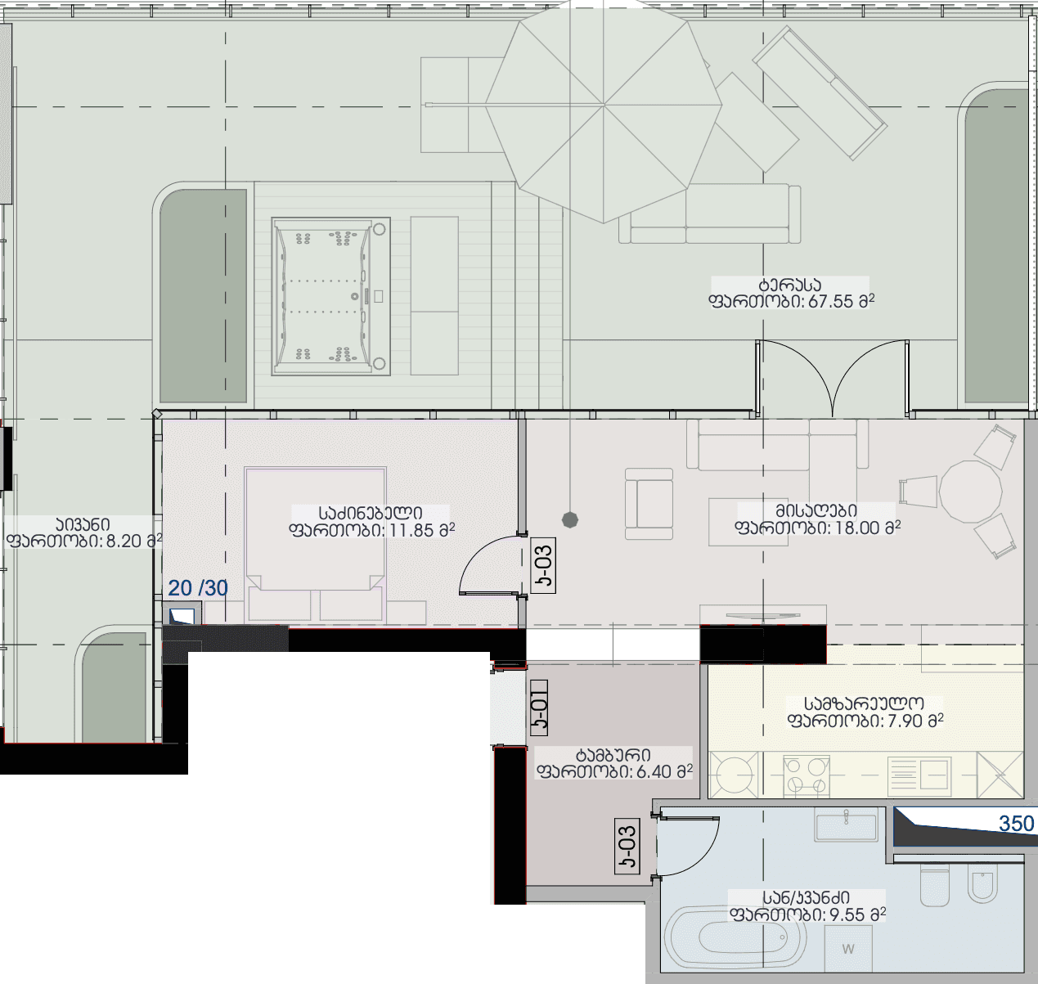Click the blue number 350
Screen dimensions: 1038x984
(1017, 824)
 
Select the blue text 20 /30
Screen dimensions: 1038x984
(198, 588)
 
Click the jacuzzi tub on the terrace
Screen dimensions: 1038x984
(331, 296)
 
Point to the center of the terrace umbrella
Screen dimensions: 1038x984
(604, 106)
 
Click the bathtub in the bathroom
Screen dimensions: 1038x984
(735, 938)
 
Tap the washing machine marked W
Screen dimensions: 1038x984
(848, 949)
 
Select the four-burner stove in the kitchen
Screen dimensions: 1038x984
(806, 775)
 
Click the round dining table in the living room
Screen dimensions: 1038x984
(970, 492)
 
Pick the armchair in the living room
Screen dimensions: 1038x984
(649, 504)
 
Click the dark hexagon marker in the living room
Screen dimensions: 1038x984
(569, 519)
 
